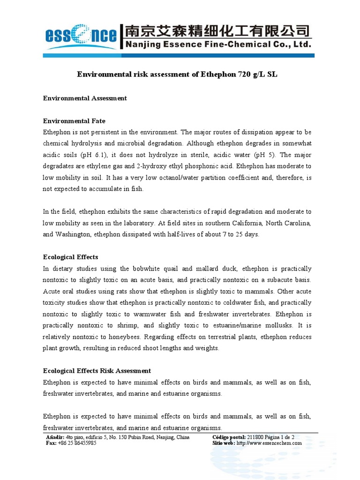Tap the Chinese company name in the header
(217, 31)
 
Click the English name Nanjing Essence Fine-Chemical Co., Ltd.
(217, 45)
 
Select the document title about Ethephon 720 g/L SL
(180, 75)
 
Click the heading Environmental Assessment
(85, 98)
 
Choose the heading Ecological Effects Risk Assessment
(97, 371)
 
